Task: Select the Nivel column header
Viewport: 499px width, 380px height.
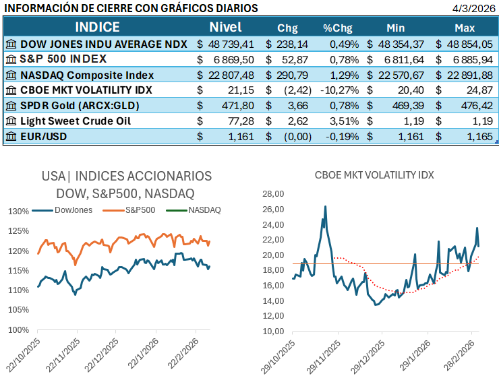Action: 225,28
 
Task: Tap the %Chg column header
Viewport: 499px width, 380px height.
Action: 338,28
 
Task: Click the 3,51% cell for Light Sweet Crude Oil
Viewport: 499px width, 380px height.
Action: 341,121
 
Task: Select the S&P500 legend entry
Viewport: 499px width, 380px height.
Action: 140,210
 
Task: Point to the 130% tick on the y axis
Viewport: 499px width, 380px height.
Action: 19,211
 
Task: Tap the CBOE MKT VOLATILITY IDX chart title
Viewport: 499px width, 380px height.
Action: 374,175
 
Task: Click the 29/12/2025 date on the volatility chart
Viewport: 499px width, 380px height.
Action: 368,357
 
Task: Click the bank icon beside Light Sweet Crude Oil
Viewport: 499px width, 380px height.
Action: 11,121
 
